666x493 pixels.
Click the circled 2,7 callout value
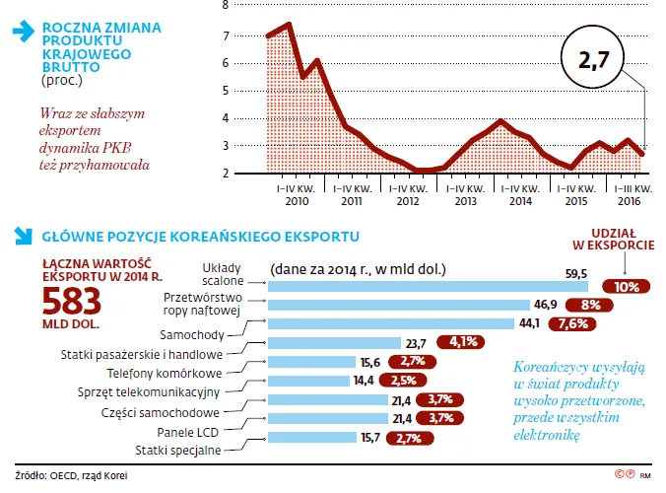pyautogui.click(x=595, y=61)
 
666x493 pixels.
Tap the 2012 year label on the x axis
pyautogui.click(x=407, y=200)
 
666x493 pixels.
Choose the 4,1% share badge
pyautogui.click(x=464, y=342)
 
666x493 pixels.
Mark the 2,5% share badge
pyautogui.click(x=402, y=381)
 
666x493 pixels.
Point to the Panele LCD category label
pyautogui.click(x=188, y=432)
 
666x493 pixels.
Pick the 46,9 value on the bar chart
pyautogui.click(x=544, y=304)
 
